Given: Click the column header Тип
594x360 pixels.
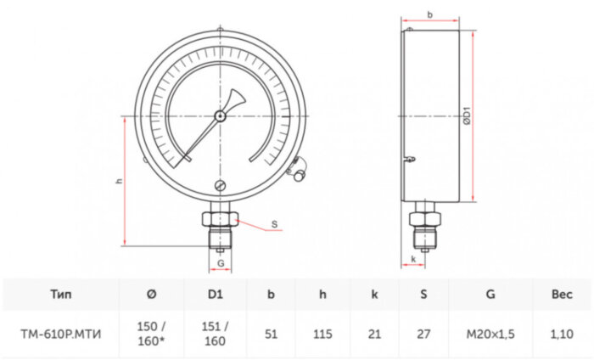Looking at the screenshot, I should click(x=60, y=295).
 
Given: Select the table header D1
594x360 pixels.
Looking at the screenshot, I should click(x=215, y=295).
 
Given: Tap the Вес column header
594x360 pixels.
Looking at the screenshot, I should click(x=562, y=295).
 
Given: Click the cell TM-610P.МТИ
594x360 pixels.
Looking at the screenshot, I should click(x=60, y=334).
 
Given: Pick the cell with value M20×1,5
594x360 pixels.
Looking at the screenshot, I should click(x=490, y=334).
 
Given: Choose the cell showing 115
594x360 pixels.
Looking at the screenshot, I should click(x=323, y=334).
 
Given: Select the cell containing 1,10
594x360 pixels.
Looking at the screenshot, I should click(x=562, y=334).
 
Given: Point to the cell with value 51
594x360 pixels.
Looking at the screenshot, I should click(x=271, y=334).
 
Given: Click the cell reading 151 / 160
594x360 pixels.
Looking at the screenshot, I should click(x=215, y=334).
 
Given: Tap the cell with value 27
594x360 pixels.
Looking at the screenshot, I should click(x=423, y=334).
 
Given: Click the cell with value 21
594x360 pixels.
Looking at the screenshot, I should click(x=374, y=334).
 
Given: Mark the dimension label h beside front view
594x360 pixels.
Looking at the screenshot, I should click(x=120, y=182).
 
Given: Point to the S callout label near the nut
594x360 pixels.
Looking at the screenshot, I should click(x=274, y=225).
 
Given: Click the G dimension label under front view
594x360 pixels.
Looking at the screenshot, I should click(x=221, y=264).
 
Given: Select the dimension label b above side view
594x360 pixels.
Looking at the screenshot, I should click(x=430, y=15).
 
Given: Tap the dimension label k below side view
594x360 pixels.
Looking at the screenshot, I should click(x=412, y=258).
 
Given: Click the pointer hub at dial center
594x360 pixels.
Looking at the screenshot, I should click(x=221, y=115).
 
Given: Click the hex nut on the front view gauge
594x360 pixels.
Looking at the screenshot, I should click(x=220, y=220).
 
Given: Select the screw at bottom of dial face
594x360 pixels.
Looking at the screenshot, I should click(x=221, y=186).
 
